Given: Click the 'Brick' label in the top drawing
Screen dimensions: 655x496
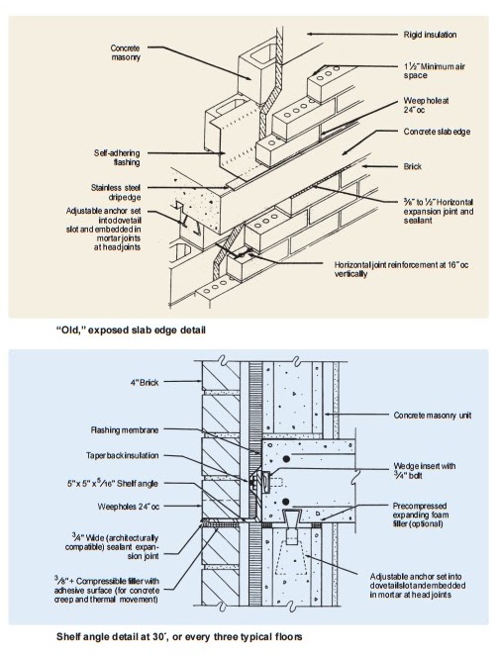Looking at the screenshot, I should (x=414, y=167).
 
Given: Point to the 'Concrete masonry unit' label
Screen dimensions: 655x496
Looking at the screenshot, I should (x=432, y=416).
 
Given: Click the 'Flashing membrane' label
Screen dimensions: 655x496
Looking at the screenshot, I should (x=127, y=430).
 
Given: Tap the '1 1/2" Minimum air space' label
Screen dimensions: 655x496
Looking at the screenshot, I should (x=434, y=71).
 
